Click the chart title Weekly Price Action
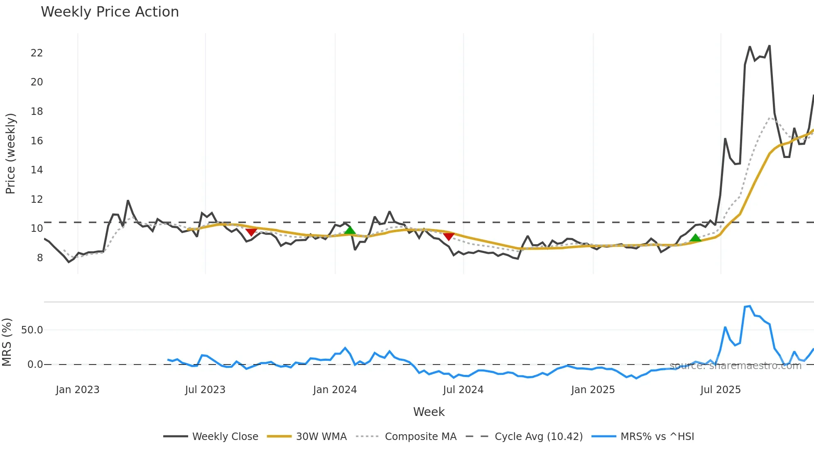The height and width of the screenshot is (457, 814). (110, 12)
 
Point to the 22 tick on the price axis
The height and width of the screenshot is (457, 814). (37, 53)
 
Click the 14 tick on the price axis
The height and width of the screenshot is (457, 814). (37, 170)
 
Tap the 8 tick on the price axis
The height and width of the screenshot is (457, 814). (39, 258)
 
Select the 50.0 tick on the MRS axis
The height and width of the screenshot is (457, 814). (32, 330)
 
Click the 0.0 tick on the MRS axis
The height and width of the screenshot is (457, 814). (35, 365)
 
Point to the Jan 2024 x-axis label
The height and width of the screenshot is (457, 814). (335, 390)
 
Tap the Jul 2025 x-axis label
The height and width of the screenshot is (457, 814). (720, 390)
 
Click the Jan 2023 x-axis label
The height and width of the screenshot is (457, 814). (78, 390)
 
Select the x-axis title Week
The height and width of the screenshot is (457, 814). (429, 412)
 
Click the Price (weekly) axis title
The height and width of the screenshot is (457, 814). (10, 153)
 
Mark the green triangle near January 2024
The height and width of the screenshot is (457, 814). (350, 231)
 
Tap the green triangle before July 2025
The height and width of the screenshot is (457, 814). (695, 238)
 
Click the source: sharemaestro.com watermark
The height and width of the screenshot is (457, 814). (735, 366)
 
